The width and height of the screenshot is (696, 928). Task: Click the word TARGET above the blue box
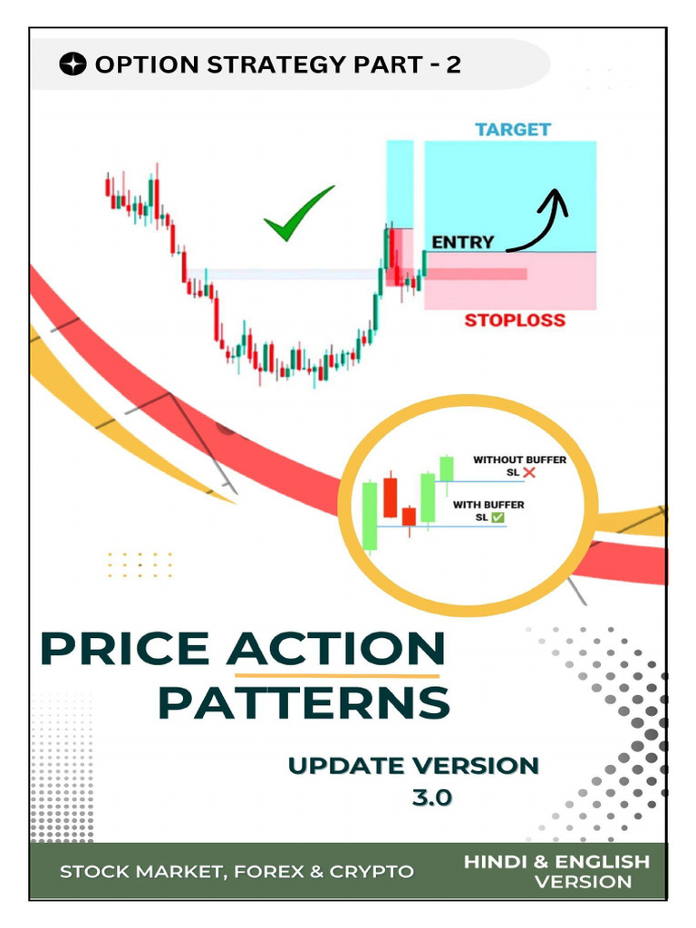tap(513, 129)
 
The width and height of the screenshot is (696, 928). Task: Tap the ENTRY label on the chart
tap(463, 242)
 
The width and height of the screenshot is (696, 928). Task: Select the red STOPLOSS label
tap(515, 320)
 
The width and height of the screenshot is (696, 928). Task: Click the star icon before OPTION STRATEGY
tap(73, 64)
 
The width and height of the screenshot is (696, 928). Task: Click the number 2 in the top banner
tap(452, 64)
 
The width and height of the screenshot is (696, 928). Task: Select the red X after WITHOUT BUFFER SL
tap(528, 473)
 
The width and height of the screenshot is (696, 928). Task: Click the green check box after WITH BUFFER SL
tap(498, 517)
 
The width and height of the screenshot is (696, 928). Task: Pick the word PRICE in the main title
tap(126, 649)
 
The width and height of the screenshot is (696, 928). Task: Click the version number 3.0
tap(431, 798)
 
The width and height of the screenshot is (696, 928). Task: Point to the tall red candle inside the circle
tap(391, 497)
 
